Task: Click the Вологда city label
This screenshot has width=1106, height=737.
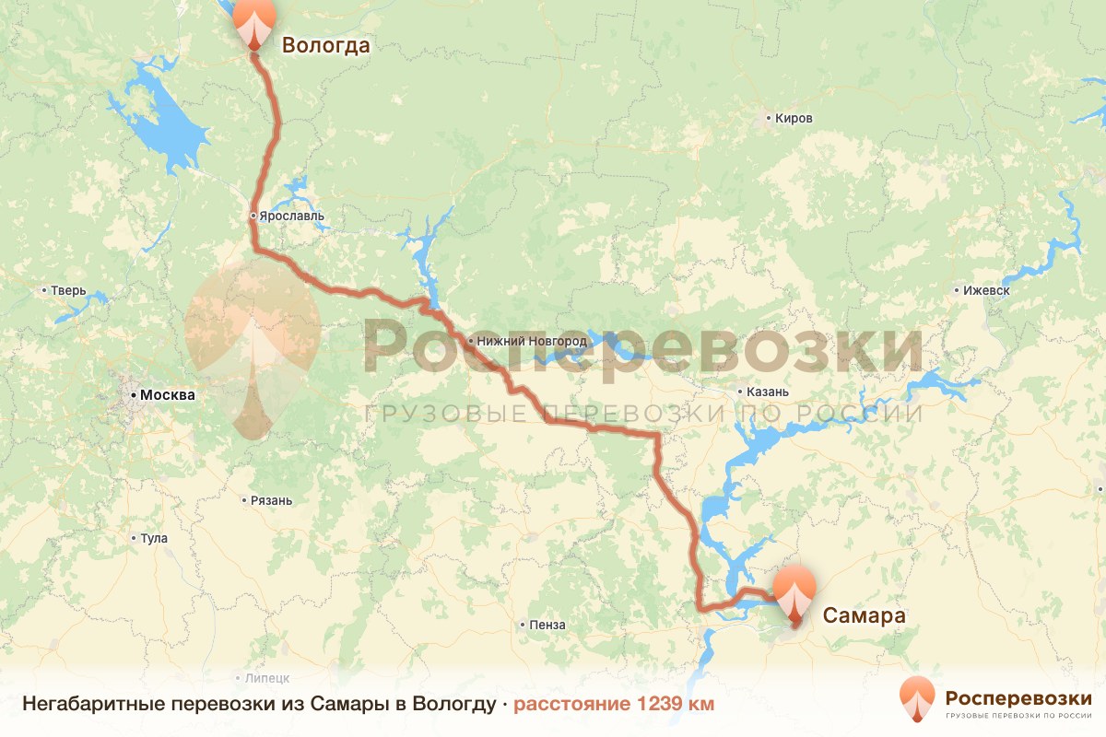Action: click(325, 45)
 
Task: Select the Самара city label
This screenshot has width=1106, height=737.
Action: click(864, 615)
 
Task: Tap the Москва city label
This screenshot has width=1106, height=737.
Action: click(168, 395)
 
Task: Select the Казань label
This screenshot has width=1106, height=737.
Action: click(763, 392)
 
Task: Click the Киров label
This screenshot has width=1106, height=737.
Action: click(794, 119)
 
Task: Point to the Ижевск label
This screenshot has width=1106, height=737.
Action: click(986, 290)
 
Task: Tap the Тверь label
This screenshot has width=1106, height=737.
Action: click(68, 291)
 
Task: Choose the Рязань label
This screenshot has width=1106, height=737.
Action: click(271, 501)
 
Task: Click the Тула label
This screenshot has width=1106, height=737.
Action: click(154, 538)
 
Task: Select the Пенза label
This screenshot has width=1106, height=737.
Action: click(547, 626)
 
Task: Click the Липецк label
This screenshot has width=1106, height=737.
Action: click(267, 677)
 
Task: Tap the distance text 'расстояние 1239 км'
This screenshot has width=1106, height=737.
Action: click(614, 704)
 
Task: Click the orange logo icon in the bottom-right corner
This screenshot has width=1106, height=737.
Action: click(917, 700)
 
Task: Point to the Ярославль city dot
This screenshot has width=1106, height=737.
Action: click(253, 216)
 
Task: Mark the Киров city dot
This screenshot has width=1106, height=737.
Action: click(769, 119)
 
